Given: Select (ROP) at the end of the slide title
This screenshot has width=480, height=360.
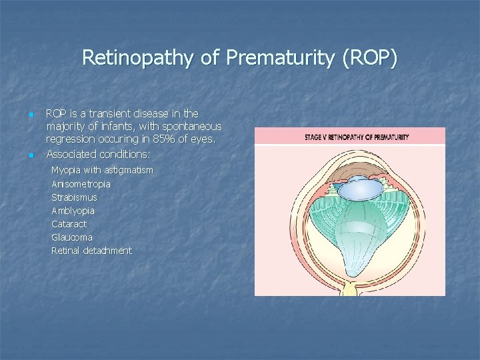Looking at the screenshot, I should (369, 58).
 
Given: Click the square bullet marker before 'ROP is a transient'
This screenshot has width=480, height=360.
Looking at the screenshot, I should (31, 115).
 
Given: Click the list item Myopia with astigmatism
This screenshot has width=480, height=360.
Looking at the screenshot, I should (102, 170).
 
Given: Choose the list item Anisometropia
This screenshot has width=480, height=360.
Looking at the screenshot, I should (81, 183).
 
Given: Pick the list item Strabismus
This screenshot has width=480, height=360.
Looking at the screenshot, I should (74, 197).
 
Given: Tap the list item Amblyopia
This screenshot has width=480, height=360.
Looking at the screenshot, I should (73, 211).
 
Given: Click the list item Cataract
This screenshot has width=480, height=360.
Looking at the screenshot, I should (69, 224).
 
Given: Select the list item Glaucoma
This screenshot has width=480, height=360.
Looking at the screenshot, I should (72, 237).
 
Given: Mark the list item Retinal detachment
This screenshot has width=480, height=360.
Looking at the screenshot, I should (91, 251).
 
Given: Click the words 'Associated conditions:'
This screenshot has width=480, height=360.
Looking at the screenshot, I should (98, 154).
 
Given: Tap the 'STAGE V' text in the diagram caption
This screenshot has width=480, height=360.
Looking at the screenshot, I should (317, 137).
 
